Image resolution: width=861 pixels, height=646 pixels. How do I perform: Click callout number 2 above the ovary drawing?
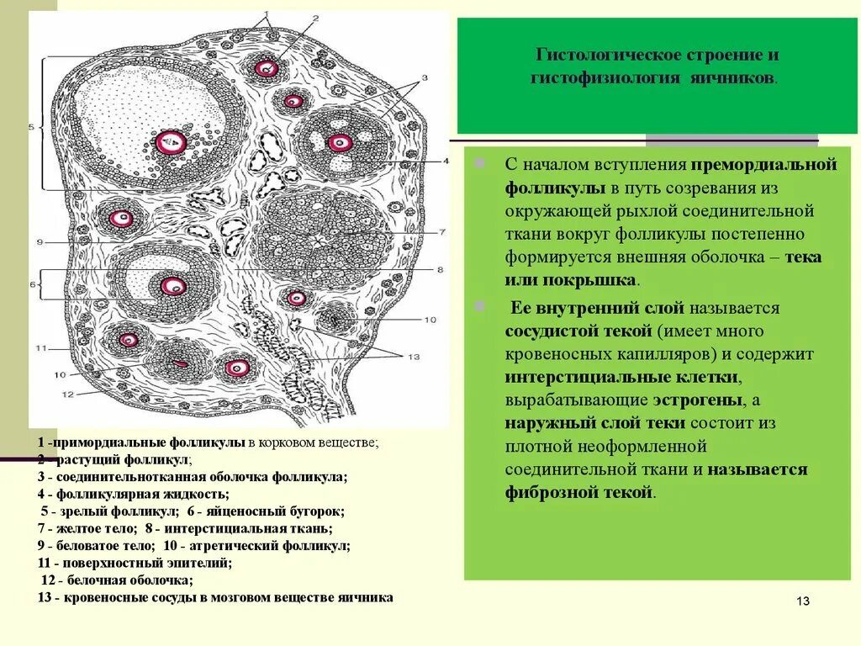tap(315, 18)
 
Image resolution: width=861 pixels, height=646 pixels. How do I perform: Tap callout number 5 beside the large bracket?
tap(31, 127)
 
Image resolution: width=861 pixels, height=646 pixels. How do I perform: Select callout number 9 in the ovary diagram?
tap(39, 243)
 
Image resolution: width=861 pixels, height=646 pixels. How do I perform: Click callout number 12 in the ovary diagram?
tap(67, 394)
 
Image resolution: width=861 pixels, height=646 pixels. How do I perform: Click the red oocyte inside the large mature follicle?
tap(171, 142)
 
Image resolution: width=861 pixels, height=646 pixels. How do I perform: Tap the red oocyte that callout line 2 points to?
tap(267, 68)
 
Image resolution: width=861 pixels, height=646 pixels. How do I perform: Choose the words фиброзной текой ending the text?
tap(579, 492)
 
